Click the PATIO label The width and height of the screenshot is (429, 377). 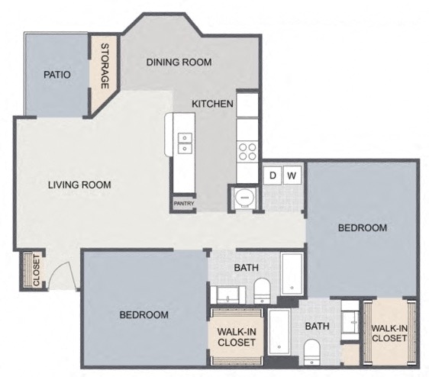tap(57, 75)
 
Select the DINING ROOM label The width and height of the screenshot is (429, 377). tap(179, 63)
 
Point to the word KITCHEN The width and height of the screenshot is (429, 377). tap(211, 104)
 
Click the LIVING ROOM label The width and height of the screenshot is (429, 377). tap(80, 185)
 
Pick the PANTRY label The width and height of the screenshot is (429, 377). tap(183, 204)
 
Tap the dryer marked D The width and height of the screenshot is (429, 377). tap(273, 176)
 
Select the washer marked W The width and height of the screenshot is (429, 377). tap(292, 176)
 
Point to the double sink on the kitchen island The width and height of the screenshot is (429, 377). tap(185, 142)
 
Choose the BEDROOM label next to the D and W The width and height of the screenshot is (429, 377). tap(363, 227)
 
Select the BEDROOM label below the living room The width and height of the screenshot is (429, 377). tap(144, 314)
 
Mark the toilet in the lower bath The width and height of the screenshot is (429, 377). tap(311, 352)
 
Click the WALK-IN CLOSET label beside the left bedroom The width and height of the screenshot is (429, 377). tap(237, 337)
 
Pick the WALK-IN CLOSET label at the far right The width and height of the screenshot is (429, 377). tap(389, 334)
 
